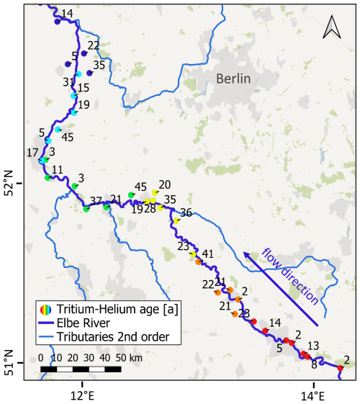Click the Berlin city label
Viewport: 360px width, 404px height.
236,79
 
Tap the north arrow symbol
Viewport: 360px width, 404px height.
330,27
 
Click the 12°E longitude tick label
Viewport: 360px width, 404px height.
82,395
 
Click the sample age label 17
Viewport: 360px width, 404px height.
32,153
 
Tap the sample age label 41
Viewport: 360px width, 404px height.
207,254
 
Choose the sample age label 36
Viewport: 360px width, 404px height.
186,212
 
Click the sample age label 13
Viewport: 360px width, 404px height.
313,346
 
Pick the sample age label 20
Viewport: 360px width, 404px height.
164,184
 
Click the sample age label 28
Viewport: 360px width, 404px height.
150,209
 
